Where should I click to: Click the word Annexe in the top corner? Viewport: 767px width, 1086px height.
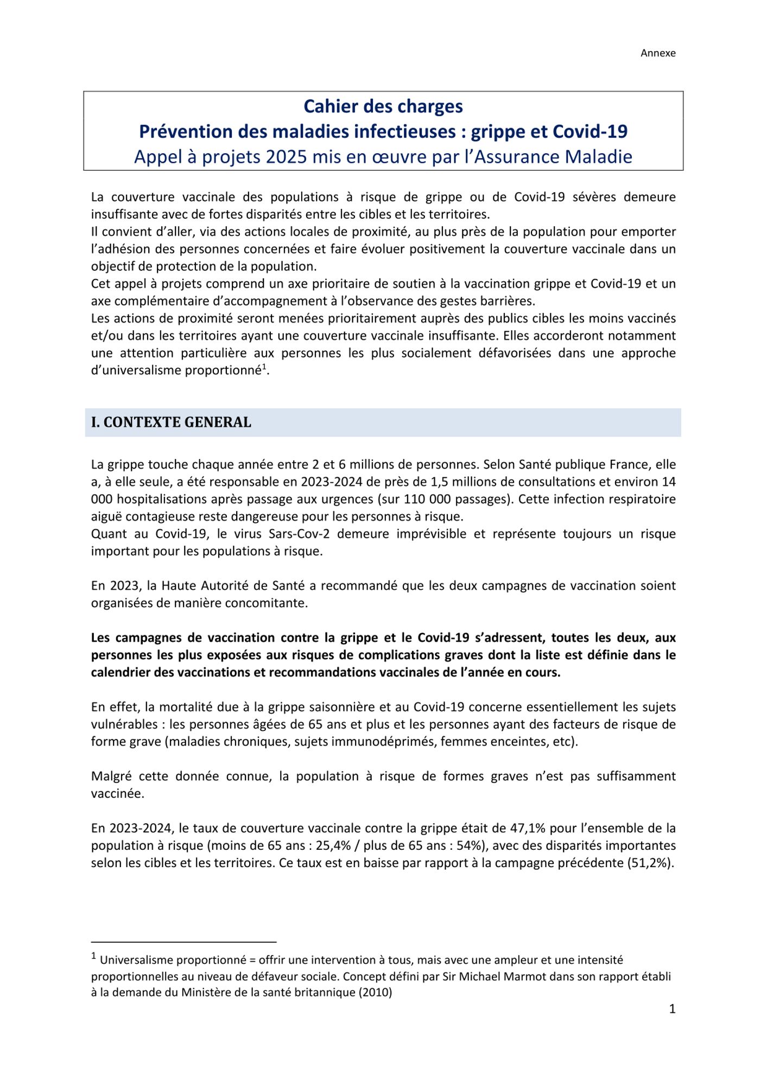[x=658, y=53]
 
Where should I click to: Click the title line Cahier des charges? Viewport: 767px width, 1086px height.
[x=383, y=106]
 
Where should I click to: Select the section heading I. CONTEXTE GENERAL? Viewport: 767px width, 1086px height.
[x=171, y=422]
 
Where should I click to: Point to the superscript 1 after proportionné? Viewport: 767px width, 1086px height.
[x=264, y=368]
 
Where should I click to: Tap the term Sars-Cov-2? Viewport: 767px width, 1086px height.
[x=297, y=534]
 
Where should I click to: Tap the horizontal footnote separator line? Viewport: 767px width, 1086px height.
[x=183, y=942]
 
